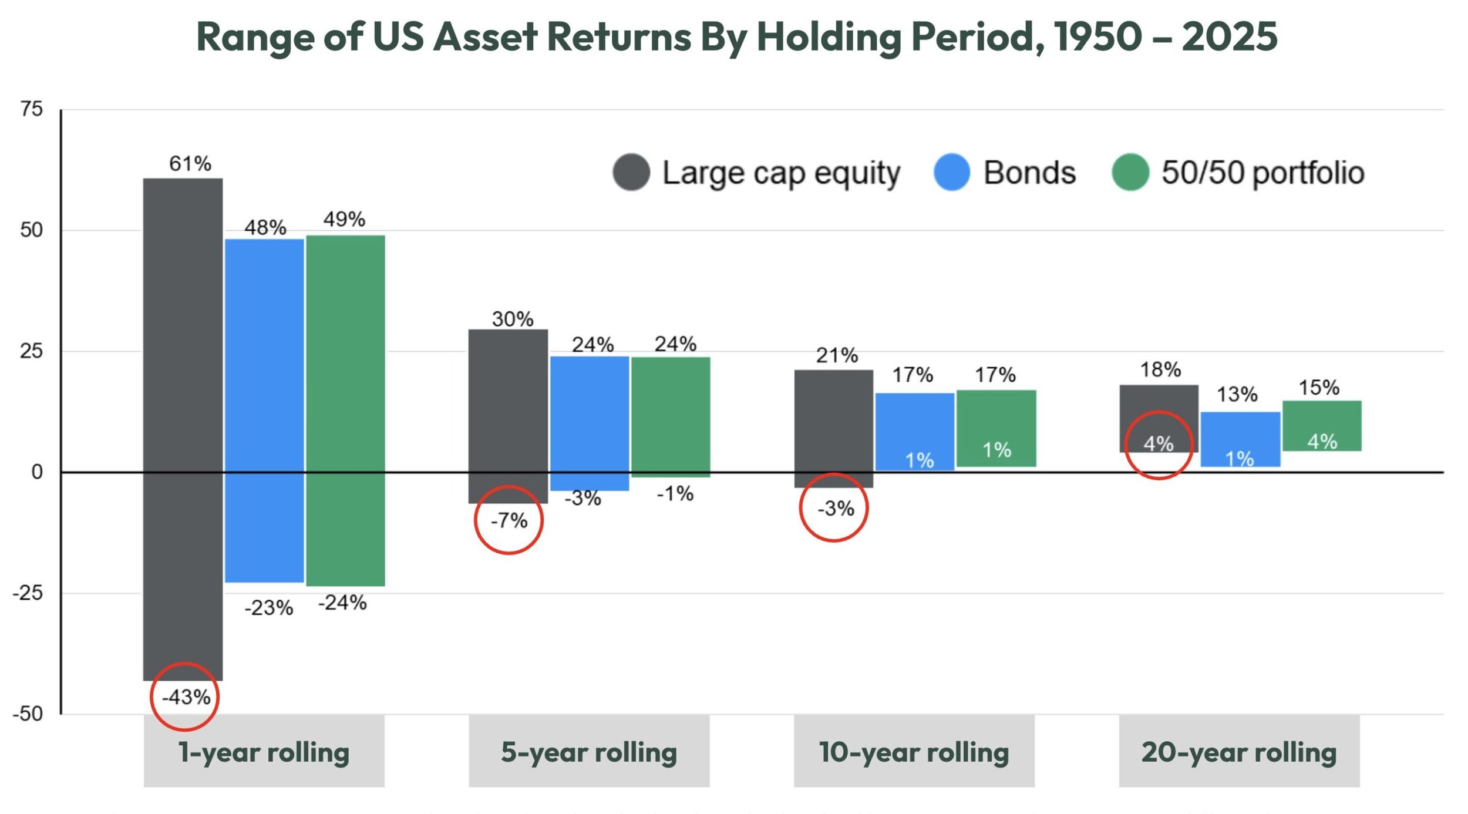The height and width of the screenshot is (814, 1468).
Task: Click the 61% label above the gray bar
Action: [190, 163]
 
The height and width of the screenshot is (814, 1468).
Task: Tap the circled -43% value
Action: [186, 697]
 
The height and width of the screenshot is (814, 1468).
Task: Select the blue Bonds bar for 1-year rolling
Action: [264, 411]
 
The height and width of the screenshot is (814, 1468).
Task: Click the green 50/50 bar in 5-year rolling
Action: [671, 416]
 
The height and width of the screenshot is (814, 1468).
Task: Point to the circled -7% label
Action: [509, 520]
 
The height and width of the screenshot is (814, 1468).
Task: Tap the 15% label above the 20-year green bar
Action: [1318, 388]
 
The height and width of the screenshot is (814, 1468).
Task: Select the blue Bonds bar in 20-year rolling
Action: [1240, 439]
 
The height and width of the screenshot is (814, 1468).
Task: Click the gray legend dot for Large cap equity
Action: [631, 172]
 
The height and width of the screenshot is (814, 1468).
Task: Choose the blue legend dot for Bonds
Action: [951, 172]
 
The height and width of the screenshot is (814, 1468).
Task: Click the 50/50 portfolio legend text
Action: [1262, 173]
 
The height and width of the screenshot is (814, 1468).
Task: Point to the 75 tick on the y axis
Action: [32, 109]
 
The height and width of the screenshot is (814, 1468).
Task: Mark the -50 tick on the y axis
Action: [28, 714]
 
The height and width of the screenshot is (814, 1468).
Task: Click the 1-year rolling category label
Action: [264, 752]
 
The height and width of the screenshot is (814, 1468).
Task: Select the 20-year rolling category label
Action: [1238, 752]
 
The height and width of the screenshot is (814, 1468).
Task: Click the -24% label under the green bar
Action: [342, 603]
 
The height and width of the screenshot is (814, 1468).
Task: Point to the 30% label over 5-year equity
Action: [512, 319]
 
